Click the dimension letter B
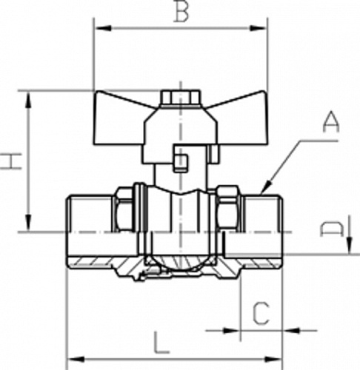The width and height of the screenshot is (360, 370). pos(181,11)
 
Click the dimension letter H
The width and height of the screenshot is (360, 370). pos(12,161)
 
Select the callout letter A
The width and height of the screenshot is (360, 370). pos(331,122)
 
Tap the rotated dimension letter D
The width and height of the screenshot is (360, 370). pos(332,230)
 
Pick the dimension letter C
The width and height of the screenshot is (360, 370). pos(261,314)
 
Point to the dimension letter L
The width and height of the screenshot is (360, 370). pos(161,343)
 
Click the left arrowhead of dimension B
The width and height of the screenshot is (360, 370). pos(104,28)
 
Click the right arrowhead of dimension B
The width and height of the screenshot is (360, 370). pos(259,28)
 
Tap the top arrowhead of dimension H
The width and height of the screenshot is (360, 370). pos(29,100)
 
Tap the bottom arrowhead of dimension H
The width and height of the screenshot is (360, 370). pos(29,223)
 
